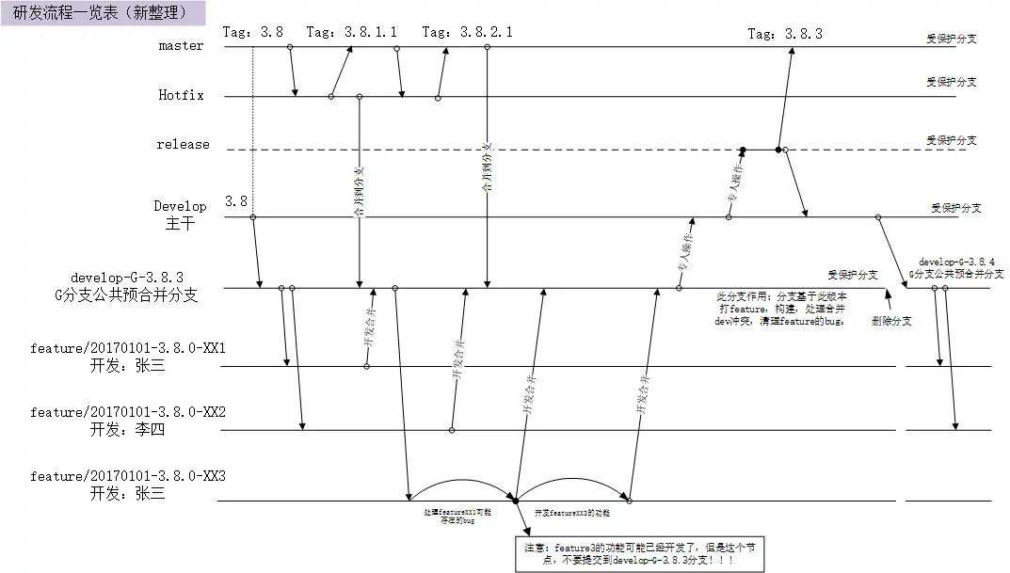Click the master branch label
pos(181,45)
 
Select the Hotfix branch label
pos(181,95)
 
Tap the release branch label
pos(183,145)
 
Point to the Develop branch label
pos(180,205)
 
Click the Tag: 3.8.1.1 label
pos(351,32)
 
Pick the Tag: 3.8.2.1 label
pos(467,32)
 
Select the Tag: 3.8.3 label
pos(784,33)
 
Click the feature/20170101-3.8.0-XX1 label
pos(128,349)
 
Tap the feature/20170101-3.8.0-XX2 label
pos(128,412)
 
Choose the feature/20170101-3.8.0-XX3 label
pos(128,476)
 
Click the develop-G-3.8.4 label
pos(956,262)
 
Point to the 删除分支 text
pos(892,321)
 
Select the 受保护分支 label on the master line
pos(951,40)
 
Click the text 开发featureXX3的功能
pos(572,514)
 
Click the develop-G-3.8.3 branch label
pos(127,278)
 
